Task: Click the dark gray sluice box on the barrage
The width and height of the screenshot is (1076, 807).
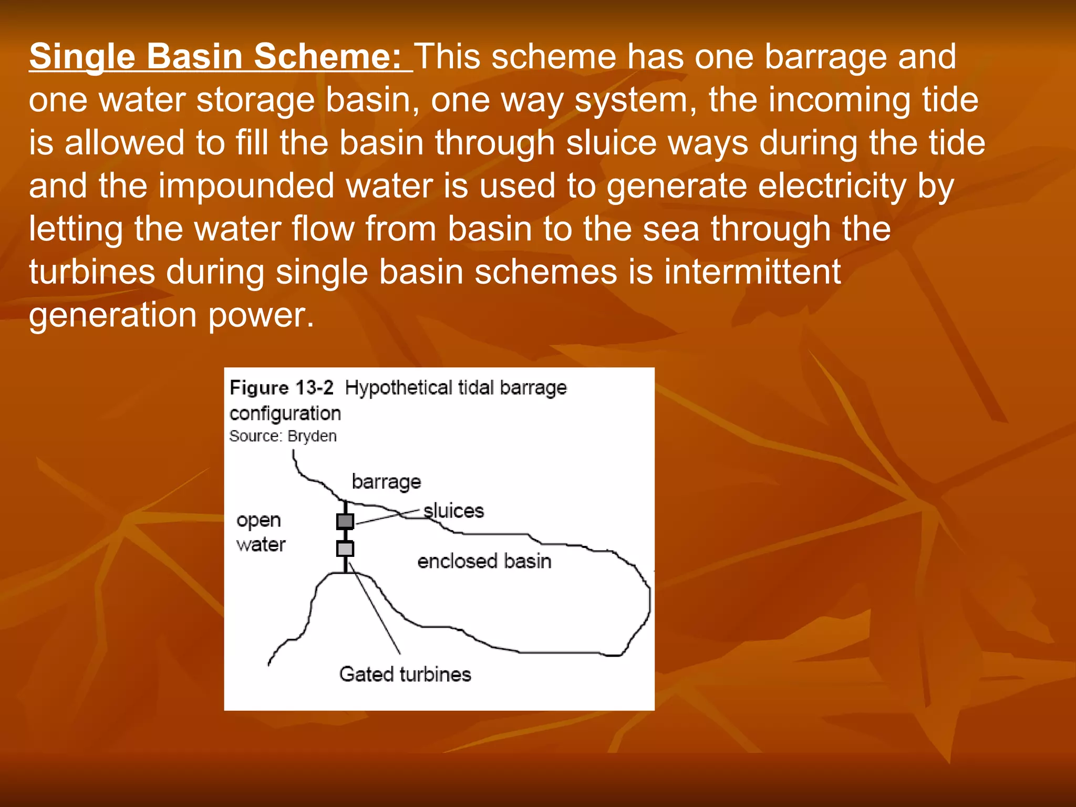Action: pyautogui.click(x=345, y=521)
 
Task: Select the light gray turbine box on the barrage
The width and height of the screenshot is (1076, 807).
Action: pyautogui.click(x=345, y=549)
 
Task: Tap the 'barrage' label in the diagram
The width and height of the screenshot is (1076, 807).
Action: pyautogui.click(x=386, y=482)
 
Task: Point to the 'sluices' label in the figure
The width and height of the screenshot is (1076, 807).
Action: pyautogui.click(x=454, y=511)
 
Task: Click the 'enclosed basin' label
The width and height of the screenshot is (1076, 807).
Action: pyautogui.click(x=484, y=561)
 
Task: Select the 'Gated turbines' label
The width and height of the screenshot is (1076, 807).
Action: pyautogui.click(x=405, y=674)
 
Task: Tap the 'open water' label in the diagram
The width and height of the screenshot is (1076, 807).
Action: pyautogui.click(x=261, y=532)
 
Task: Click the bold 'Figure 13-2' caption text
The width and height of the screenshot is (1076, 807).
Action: pyautogui.click(x=282, y=388)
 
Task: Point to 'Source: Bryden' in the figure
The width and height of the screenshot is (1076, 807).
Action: pyautogui.click(x=283, y=436)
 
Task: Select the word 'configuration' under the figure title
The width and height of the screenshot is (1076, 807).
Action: pyautogui.click(x=285, y=413)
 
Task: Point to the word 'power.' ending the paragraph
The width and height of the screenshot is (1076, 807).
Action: pyautogui.click(x=261, y=315)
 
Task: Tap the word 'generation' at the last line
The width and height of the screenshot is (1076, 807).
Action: pyautogui.click(x=112, y=315)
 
